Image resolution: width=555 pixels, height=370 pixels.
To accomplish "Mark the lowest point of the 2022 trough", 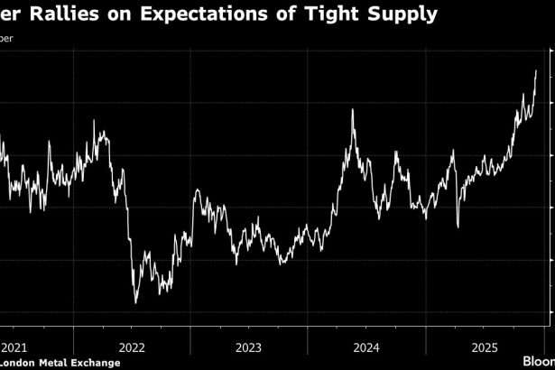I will coord(135,302).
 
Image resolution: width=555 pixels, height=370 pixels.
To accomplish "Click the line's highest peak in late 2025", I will coord(536,70).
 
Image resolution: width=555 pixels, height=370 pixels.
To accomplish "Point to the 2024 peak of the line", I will coord(353,110).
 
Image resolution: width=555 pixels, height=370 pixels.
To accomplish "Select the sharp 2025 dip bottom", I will coord(457,227).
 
